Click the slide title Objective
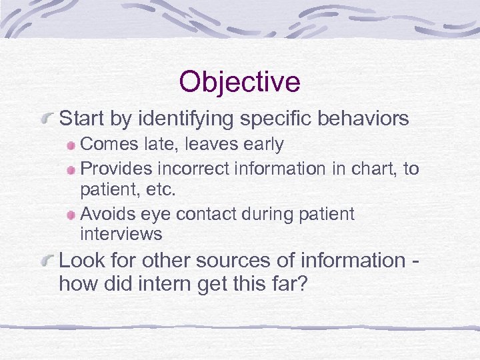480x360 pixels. click(x=239, y=82)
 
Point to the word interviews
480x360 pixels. click(x=121, y=234)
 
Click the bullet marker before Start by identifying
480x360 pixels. click(x=47, y=120)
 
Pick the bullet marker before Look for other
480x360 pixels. click(x=47, y=262)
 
